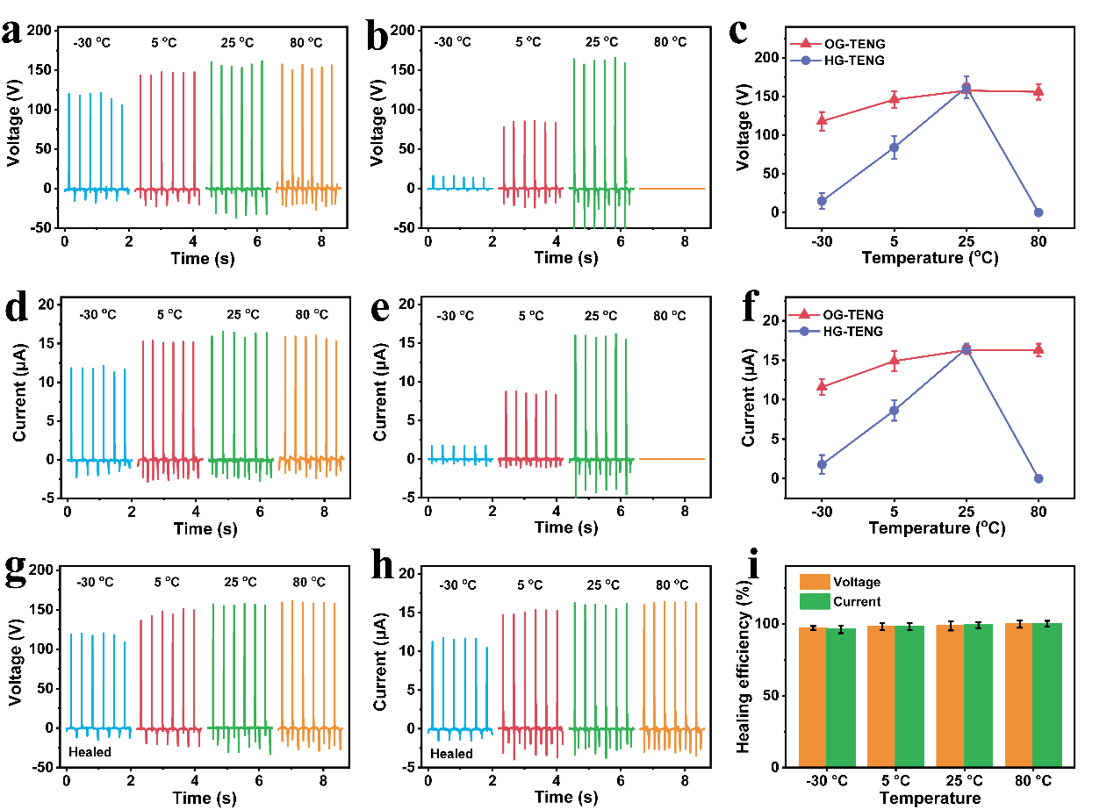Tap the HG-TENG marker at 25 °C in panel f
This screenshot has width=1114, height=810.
(x=967, y=349)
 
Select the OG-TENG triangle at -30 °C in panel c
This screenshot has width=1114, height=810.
(x=822, y=121)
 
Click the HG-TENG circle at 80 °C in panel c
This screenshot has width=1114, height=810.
(x=1039, y=212)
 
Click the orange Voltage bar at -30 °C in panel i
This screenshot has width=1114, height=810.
(x=813, y=698)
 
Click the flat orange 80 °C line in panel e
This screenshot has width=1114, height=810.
(x=672, y=459)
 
